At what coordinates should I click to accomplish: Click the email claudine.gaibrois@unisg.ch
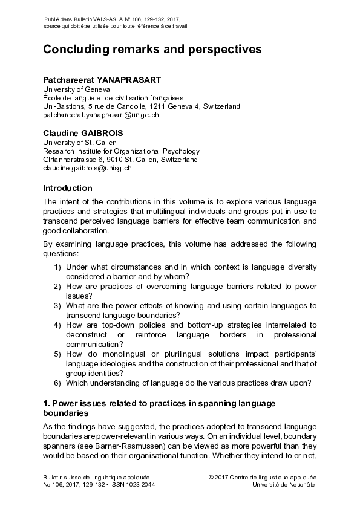coord(87,168)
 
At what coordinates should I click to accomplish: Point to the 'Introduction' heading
coord(67,188)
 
